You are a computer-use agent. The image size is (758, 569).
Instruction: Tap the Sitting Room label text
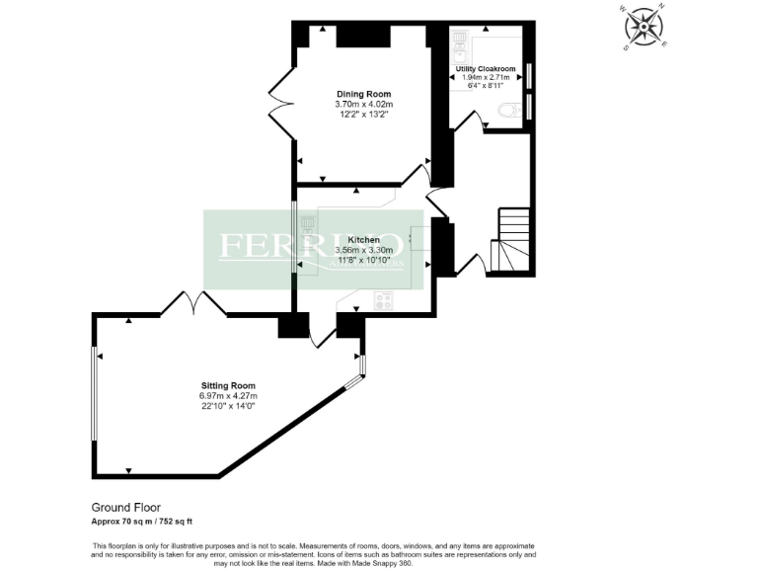[228, 385]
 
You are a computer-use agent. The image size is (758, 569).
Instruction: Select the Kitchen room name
[363, 240]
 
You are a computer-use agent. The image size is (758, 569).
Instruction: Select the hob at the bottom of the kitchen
[383, 300]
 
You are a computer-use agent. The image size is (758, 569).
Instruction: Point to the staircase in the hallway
[512, 241]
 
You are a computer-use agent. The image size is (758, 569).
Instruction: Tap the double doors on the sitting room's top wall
[193, 304]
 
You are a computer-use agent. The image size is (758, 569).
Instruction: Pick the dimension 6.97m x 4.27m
[228, 396]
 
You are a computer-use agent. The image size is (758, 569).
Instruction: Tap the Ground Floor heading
[125, 507]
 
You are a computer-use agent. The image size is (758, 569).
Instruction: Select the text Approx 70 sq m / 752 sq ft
[148, 521]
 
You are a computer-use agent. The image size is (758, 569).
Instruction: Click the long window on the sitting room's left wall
[94, 394]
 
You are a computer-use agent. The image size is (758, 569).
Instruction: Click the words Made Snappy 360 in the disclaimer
[385, 563]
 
